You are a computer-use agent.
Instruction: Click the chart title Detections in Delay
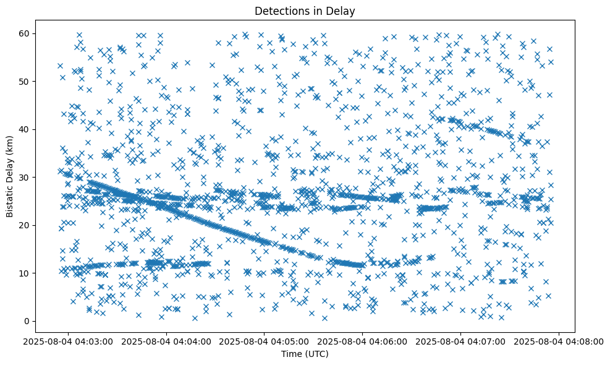(x=305, y=11)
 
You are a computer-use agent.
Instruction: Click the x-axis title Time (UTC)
(x=305, y=354)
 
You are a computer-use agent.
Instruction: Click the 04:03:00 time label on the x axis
(x=68, y=341)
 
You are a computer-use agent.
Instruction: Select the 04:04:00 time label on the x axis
(x=166, y=341)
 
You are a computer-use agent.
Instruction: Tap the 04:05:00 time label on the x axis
(x=265, y=341)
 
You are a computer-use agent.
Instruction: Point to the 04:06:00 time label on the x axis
(x=363, y=341)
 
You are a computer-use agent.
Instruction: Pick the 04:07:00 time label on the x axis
(x=460, y=341)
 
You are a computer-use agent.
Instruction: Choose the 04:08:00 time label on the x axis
(x=559, y=341)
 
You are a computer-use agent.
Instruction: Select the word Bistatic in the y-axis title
(x=11, y=199)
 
